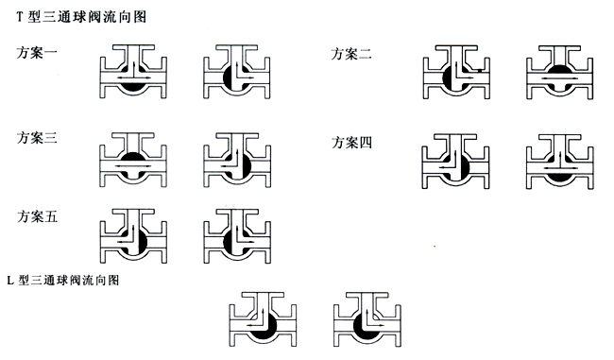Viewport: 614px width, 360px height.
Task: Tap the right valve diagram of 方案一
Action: pos(236,74)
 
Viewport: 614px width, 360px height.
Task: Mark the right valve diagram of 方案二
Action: pos(557,74)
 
